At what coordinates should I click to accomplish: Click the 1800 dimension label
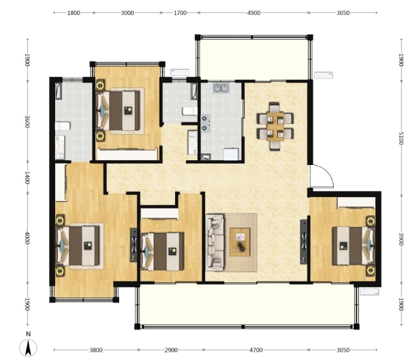(74, 13)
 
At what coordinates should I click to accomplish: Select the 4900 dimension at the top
(253, 13)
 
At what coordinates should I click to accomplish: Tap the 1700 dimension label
(180, 13)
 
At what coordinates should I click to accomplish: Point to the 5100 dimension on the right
(401, 138)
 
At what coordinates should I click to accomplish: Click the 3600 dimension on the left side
(27, 121)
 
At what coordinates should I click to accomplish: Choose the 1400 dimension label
(27, 178)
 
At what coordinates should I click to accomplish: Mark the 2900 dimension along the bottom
(171, 350)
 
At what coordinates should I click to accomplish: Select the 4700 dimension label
(255, 350)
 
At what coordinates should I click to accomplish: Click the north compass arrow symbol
(28, 348)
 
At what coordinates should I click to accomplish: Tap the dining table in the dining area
(275, 127)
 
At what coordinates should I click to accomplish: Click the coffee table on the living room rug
(240, 242)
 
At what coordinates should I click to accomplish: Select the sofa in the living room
(215, 242)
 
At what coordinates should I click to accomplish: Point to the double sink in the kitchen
(221, 88)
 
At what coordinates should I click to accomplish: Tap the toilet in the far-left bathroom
(63, 125)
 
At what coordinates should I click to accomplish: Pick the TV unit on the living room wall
(305, 242)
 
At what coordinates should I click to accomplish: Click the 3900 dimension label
(401, 239)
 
